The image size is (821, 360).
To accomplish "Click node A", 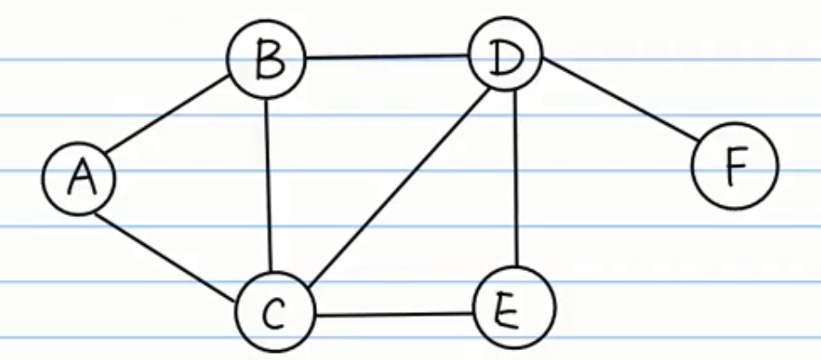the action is click(79, 177).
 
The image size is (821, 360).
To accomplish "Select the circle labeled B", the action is click(267, 61).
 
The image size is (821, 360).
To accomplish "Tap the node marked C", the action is click(275, 312).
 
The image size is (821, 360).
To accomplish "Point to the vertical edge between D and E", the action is click(514, 184).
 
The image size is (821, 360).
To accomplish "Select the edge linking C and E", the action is click(394, 314).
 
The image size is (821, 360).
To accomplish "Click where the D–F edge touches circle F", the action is click(699, 143).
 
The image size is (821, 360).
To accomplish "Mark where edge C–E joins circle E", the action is click(475, 313).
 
